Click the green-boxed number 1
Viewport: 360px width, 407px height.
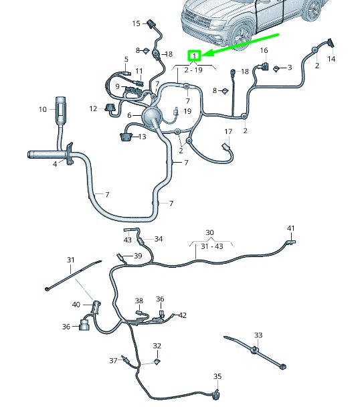(195, 56)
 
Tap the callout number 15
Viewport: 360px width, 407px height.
(136, 23)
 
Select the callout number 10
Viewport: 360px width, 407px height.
(43, 109)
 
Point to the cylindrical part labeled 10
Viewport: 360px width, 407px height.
(61, 110)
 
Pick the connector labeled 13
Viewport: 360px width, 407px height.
(126, 137)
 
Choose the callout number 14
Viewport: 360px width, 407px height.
(331, 59)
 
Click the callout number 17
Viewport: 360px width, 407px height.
(228, 132)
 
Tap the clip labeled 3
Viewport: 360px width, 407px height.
(276, 69)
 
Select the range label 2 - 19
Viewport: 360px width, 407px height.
(193, 70)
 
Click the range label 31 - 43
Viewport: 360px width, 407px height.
(212, 246)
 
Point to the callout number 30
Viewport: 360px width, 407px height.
(209, 232)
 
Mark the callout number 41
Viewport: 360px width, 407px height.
(290, 228)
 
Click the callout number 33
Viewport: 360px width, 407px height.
(258, 335)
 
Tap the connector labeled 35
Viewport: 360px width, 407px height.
(215, 394)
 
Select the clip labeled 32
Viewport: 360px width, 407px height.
(157, 361)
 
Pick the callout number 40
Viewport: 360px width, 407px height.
(76, 304)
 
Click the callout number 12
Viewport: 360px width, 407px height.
(93, 108)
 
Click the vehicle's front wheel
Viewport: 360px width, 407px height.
(242, 35)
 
